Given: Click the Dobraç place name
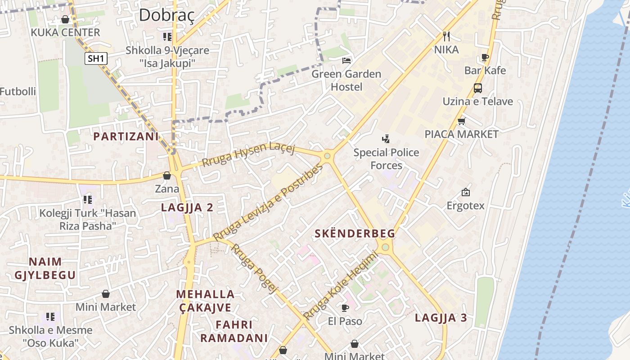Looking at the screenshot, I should [166, 15].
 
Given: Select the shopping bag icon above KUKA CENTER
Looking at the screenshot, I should [65, 19].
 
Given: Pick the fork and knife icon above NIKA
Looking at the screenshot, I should [446, 36].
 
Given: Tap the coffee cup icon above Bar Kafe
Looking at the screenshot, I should [485, 57].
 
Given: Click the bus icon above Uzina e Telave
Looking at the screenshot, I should [477, 88].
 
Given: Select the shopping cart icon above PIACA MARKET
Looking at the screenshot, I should [461, 121].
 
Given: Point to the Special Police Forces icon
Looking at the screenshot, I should [386, 139].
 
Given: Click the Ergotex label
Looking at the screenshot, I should [465, 206].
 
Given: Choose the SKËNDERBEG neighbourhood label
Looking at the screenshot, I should [355, 234].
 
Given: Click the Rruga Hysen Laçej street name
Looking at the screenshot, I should [248, 155].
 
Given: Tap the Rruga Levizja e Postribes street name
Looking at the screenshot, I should [268, 202].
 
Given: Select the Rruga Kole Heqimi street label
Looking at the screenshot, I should [340, 286].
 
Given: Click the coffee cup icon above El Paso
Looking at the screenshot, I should [345, 308].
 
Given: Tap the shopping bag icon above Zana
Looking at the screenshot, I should [167, 175].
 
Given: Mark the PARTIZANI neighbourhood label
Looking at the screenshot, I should [126, 136].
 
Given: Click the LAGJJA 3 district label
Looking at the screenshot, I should [441, 318].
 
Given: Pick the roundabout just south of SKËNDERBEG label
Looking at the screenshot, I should [385, 247].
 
